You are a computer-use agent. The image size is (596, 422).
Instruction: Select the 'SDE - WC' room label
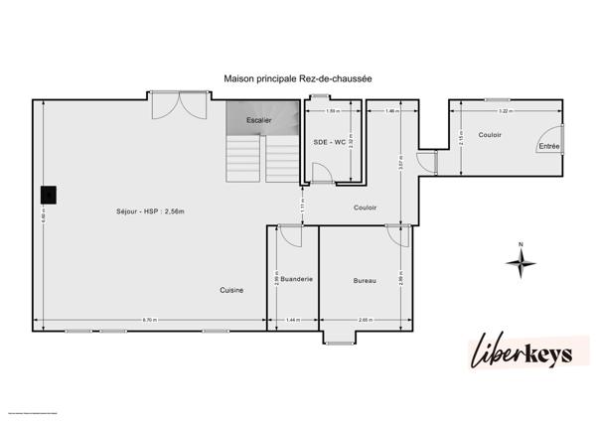[x=329, y=142]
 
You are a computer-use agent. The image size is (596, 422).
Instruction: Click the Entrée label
[x=547, y=147]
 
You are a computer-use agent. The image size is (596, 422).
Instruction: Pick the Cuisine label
[x=232, y=290]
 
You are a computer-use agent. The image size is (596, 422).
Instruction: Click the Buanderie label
[x=297, y=280]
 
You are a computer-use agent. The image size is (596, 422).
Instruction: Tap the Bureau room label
[x=365, y=281]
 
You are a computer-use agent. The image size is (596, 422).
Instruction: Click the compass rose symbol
[x=521, y=262]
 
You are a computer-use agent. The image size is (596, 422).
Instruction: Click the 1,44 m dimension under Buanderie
[x=292, y=320]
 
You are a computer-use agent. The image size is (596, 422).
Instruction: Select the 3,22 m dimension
[x=505, y=111]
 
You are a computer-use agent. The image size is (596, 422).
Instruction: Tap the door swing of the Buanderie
[x=289, y=236]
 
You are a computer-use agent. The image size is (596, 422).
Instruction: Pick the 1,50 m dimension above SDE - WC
[x=333, y=111]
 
